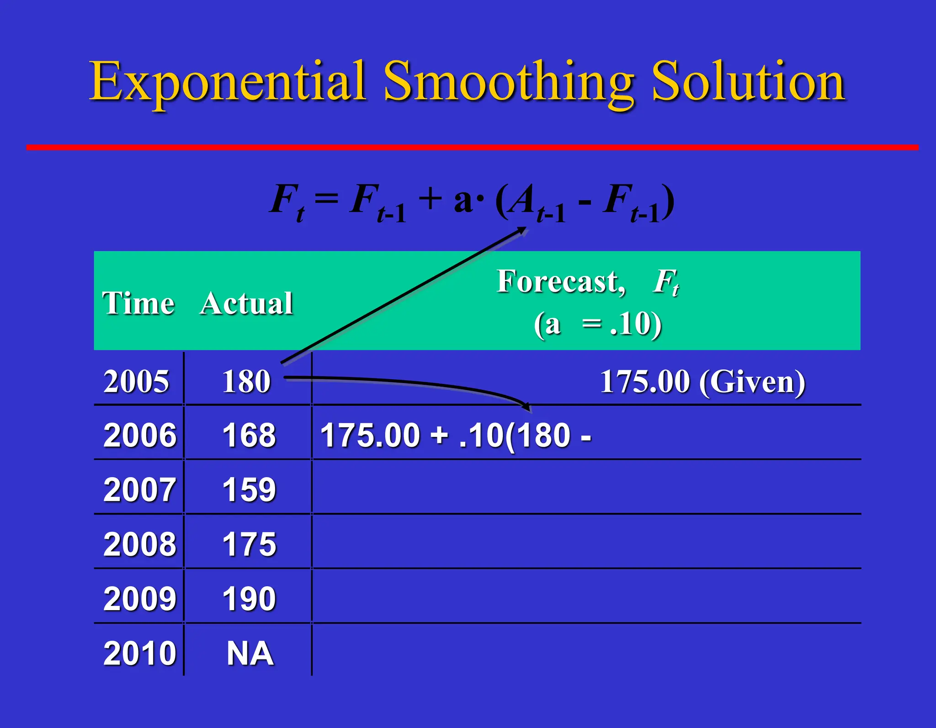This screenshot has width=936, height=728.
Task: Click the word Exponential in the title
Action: click(227, 82)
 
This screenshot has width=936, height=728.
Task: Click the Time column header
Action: click(138, 303)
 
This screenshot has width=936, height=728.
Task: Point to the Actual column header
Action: click(246, 303)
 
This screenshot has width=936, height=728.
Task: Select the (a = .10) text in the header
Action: click(597, 324)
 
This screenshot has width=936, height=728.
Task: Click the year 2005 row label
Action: click(136, 382)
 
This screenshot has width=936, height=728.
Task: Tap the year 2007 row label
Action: click(139, 490)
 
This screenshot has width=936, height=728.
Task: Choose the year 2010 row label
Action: click(139, 654)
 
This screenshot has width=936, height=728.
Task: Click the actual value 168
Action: click(249, 435)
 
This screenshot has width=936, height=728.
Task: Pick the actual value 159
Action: click(249, 490)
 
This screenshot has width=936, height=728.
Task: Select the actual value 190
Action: click(249, 599)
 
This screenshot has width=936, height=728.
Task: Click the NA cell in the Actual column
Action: click(250, 654)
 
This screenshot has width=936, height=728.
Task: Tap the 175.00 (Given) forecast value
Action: click(702, 382)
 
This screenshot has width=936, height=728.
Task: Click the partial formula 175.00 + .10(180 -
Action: click(456, 435)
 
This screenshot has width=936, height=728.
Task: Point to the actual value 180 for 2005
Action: click(246, 382)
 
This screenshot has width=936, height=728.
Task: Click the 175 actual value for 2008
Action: click(249, 544)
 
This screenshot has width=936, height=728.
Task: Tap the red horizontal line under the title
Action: click(472, 147)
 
